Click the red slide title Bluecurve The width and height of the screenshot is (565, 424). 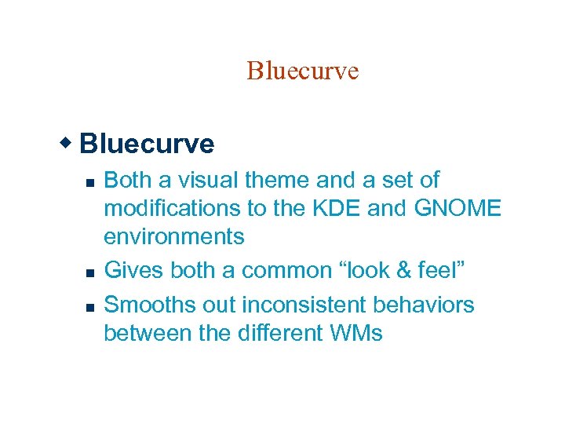pyautogui.click(x=302, y=71)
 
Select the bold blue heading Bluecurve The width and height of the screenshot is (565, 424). pyautogui.click(x=147, y=144)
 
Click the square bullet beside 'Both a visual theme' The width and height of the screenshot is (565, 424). pyautogui.click(x=89, y=182)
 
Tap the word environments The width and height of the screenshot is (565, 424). pyautogui.click(x=174, y=236)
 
